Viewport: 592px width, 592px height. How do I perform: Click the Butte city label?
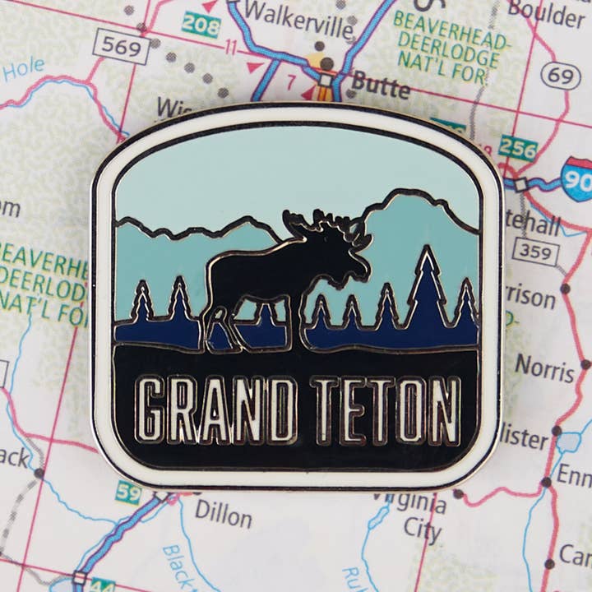pyautogui.click(x=380, y=85)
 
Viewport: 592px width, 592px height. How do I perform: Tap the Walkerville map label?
pyautogui.click(x=299, y=14)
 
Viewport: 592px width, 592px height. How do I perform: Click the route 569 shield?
pyautogui.click(x=121, y=47)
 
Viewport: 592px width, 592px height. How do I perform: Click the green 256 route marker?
pyautogui.click(x=517, y=148)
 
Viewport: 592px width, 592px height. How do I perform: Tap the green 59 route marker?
pyautogui.click(x=127, y=493)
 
